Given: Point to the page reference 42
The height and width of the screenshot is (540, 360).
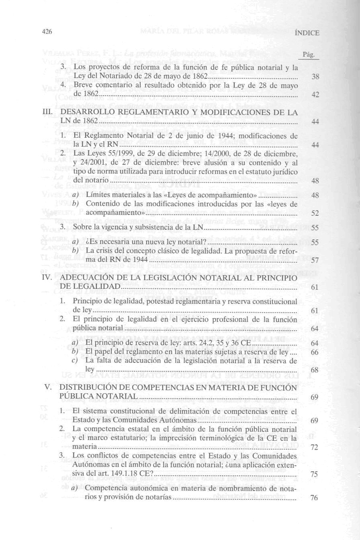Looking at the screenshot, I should [x=315, y=95].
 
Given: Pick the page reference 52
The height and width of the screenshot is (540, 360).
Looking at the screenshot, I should [x=315, y=213].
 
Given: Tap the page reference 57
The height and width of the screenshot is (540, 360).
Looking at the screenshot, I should [x=315, y=260].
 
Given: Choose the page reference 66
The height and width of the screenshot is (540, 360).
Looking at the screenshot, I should [x=315, y=352].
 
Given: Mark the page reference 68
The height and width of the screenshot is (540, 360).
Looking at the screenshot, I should [x=315, y=369].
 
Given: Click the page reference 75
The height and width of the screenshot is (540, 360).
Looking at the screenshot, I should [x=315, y=475].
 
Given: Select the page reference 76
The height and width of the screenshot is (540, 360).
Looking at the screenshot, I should [x=315, y=498].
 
